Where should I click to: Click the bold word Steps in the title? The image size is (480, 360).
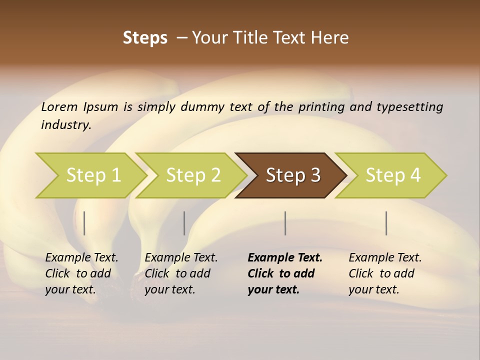pyautogui.click(x=145, y=38)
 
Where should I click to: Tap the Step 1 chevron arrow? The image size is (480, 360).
pyautogui.click(x=93, y=175)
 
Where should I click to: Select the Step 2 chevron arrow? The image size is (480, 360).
pyautogui.click(x=193, y=175)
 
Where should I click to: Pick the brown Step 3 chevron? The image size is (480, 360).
pyautogui.click(x=293, y=175)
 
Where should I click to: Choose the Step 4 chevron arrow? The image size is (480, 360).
pyautogui.click(x=393, y=175)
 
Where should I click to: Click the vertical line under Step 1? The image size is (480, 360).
pyautogui.click(x=84, y=223)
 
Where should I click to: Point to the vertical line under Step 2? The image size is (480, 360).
pyautogui.click(x=184, y=223)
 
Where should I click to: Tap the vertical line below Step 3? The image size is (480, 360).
pyautogui.click(x=285, y=223)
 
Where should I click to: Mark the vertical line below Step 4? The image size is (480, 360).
pyautogui.click(x=386, y=223)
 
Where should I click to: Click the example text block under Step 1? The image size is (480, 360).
pyautogui.click(x=81, y=273)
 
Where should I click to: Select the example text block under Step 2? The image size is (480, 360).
pyautogui.click(x=181, y=273)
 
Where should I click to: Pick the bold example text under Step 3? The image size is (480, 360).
pyautogui.click(x=285, y=273)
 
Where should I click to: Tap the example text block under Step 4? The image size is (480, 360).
pyautogui.click(x=385, y=273)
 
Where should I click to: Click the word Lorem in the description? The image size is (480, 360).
pyautogui.click(x=59, y=107)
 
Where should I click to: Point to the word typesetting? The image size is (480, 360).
pyautogui.click(x=409, y=107)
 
